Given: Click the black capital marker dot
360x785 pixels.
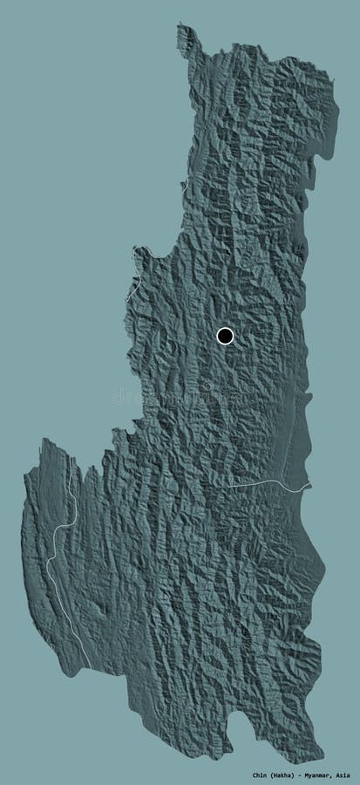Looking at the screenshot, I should pyautogui.click(x=225, y=336).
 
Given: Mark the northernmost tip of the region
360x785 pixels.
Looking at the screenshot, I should pyautogui.click(x=182, y=25).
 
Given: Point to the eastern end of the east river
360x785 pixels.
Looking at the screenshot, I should pyautogui.click(x=309, y=485).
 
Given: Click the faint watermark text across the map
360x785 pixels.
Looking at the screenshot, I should pyautogui.click(x=179, y=397).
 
